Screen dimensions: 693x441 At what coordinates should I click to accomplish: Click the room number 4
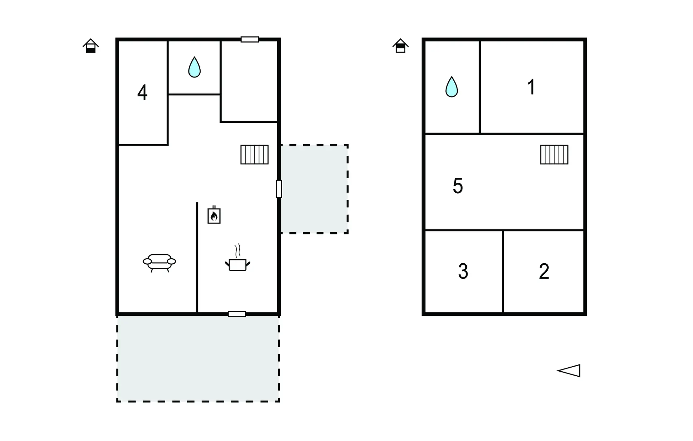[143, 92]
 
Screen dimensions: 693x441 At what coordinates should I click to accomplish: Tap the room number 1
[531, 87]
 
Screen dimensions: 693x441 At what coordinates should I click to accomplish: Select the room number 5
[458, 186]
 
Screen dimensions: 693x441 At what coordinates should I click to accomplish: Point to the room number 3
[463, 271]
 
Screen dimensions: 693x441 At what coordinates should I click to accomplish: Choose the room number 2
[544, 271]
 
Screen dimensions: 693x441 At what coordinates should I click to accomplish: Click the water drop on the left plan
[194, 67]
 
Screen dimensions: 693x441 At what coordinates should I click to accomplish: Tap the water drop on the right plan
[452, 87]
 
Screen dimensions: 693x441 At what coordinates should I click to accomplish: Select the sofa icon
[159, 263]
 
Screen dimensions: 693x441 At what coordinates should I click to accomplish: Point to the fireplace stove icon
[214, 215]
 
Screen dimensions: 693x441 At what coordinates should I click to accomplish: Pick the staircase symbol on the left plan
[254, 155]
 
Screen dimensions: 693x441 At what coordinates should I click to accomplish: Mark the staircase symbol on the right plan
[554, 155]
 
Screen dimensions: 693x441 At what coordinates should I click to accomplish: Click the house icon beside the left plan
[91, 46]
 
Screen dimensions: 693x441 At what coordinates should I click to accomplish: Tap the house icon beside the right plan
[401, 46]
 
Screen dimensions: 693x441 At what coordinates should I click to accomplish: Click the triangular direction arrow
[569, 371]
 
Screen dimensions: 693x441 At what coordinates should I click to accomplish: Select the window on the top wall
[250, 39]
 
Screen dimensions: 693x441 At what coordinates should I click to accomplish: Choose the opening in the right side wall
[279, 189]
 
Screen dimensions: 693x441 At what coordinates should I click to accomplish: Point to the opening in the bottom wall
[237, 314]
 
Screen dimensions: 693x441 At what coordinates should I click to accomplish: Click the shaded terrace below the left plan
[198, 358]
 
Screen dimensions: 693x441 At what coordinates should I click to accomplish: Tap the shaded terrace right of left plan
[314, 189]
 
